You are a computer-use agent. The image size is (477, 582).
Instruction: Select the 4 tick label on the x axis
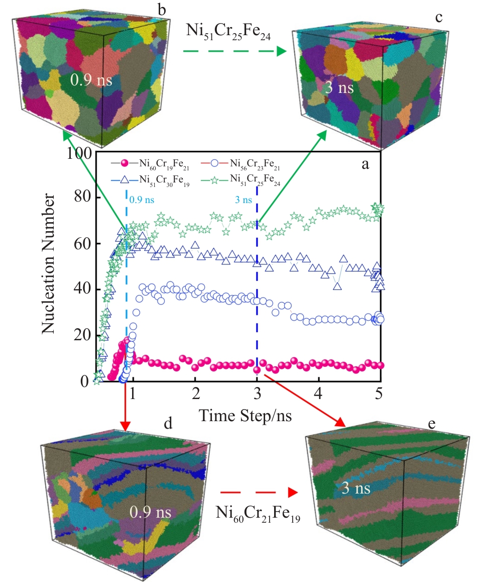point(319,394)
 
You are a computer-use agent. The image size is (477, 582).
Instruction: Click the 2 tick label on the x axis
point(195,394)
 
